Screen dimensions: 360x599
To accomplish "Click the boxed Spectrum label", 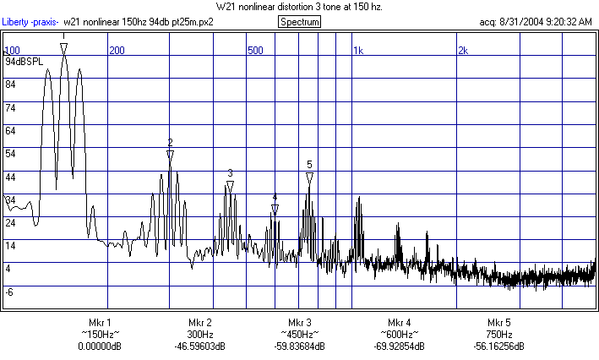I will (x=299, y=21).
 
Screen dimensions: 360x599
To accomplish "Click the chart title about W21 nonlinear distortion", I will (x=299, y=7).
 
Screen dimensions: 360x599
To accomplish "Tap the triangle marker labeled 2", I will (x=170, y=155).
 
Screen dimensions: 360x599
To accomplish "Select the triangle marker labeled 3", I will (x=230, y=186).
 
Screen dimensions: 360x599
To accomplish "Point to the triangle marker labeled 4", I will (x=275, y=209).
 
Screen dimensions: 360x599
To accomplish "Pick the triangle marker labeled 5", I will (x=310, y=177).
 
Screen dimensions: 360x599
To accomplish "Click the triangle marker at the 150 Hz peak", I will (x=64, y=49).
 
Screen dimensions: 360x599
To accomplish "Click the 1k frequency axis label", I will (x=357, y=51).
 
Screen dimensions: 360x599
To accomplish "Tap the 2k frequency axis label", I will (x=463, y=51).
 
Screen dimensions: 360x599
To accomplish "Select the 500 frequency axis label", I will (x=254, y=51).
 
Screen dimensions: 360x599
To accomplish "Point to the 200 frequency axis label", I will (x=117, y=51).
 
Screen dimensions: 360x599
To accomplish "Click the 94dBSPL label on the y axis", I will (x=23, y=63).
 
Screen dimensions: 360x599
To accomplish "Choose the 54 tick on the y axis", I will (x=11, y=154).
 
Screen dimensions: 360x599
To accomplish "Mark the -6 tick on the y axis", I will (x=10, y=292).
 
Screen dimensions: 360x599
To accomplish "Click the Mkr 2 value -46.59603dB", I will (x=199, y=346).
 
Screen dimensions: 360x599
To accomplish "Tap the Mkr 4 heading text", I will (x=400, y=323).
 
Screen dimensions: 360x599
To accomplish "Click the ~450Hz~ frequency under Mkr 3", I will (x=300, y=335).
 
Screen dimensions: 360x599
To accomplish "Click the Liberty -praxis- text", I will (x=30, y=21).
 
